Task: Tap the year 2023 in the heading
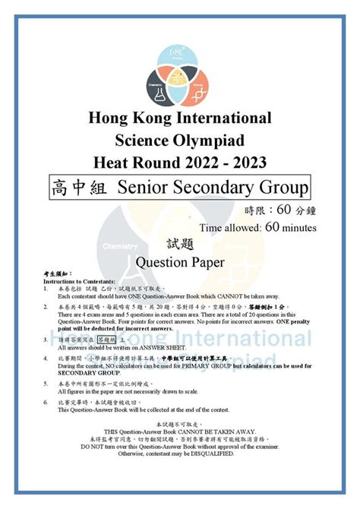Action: pos(251,161)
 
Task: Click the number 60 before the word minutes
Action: pos(275,226)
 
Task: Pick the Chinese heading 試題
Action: pos(180,244)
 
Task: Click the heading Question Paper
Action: pos(180,262)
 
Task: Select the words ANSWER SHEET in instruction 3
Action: pos(144,348)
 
